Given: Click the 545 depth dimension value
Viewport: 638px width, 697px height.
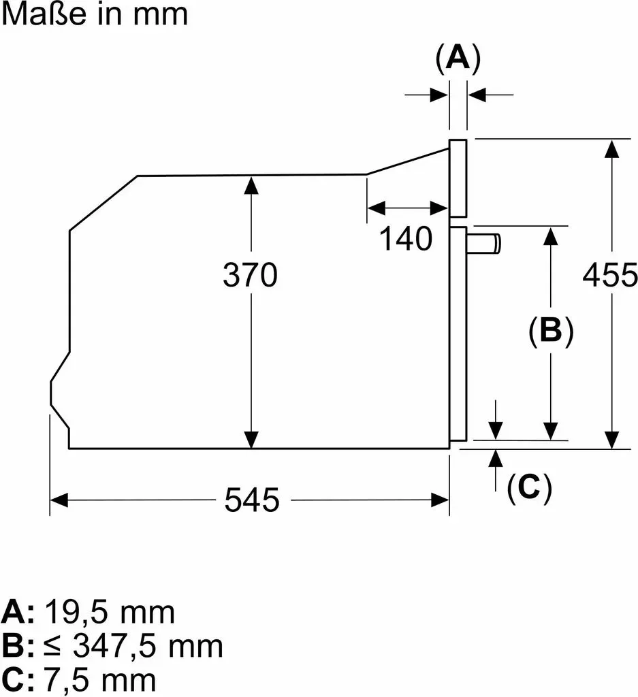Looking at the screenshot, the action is click(252, 500).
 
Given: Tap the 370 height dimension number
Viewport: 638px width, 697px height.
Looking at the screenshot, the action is click(251, 275).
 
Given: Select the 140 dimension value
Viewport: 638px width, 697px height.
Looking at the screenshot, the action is click(406, 239).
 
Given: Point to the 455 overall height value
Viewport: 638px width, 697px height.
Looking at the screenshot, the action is click(610, 275).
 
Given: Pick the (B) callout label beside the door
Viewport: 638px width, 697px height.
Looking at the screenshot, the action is click(551, 331).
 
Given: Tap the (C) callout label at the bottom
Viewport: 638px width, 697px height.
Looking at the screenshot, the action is click(529, 487).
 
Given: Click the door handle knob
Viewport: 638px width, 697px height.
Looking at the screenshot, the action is click(483, 244).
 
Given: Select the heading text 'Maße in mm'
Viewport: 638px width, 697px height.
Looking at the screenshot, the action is click(95, 14).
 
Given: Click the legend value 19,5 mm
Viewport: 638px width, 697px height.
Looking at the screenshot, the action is click(110, 613).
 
